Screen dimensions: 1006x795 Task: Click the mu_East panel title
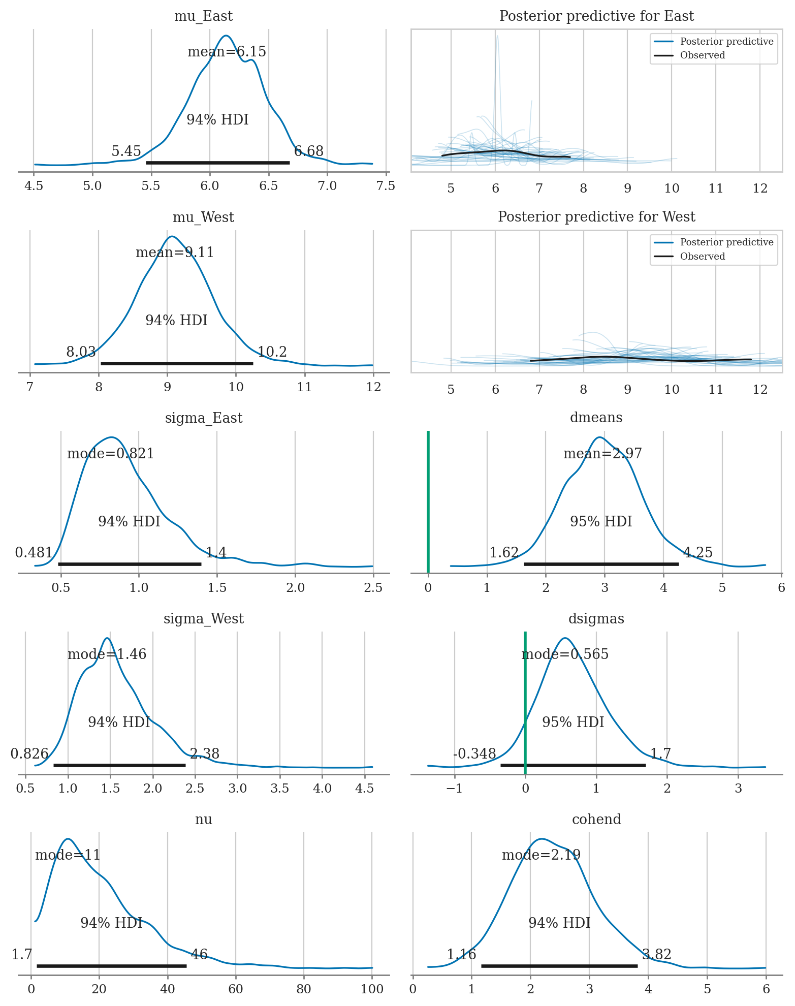click(x=203, y=16)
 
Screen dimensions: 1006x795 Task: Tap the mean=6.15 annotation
click(x=227, y=52)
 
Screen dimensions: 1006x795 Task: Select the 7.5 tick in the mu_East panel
click(x=386, y=186)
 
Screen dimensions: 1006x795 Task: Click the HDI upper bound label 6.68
click(x=309, y=151)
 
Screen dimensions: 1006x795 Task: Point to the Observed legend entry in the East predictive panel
click(x=702, y=55)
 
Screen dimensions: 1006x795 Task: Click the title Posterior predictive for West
click(x=596, y=217)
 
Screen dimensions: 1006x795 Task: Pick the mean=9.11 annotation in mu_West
click(x=175, y=253)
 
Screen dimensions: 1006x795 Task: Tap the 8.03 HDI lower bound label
click(x=81, y=352)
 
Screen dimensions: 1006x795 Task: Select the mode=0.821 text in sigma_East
click(x=110, y=454)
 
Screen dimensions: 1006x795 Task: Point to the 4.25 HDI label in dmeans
click(x=698, y=553)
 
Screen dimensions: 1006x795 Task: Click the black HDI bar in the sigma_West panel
click(x=119, y=765)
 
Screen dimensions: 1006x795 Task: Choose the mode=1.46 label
click(x=107, y=654)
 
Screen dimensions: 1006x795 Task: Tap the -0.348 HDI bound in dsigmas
click(x=474, y=754)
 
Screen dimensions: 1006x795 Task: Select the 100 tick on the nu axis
click(x=372, y=989)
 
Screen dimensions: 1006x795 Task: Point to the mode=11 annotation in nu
click(x=68, y=855)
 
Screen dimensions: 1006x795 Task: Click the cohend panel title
click(x=596, y=820)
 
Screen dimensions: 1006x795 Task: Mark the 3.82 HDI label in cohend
click(x=657, y=955)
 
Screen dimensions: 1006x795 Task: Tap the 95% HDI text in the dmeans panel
click(x=601, y=522)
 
